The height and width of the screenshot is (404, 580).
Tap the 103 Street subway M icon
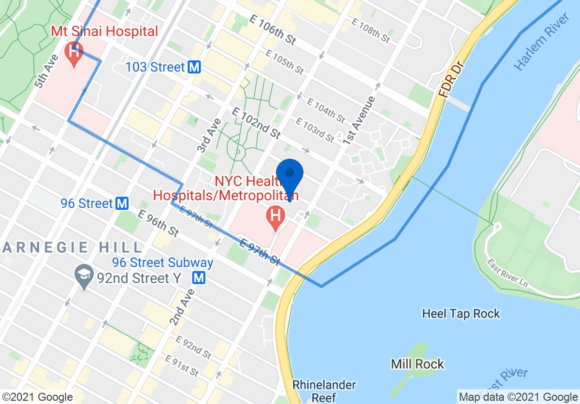tap(194, 67)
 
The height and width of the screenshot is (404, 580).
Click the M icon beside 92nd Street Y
tap(199, 278)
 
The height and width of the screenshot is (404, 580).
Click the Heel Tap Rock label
tap(461, 314)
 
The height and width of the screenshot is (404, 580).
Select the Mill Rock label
tap(418, 363)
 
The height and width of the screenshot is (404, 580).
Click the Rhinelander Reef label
tap(324, 391)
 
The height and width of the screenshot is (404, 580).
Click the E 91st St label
tap(182, 366)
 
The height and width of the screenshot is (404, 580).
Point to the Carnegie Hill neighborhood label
tap(72, 248)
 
